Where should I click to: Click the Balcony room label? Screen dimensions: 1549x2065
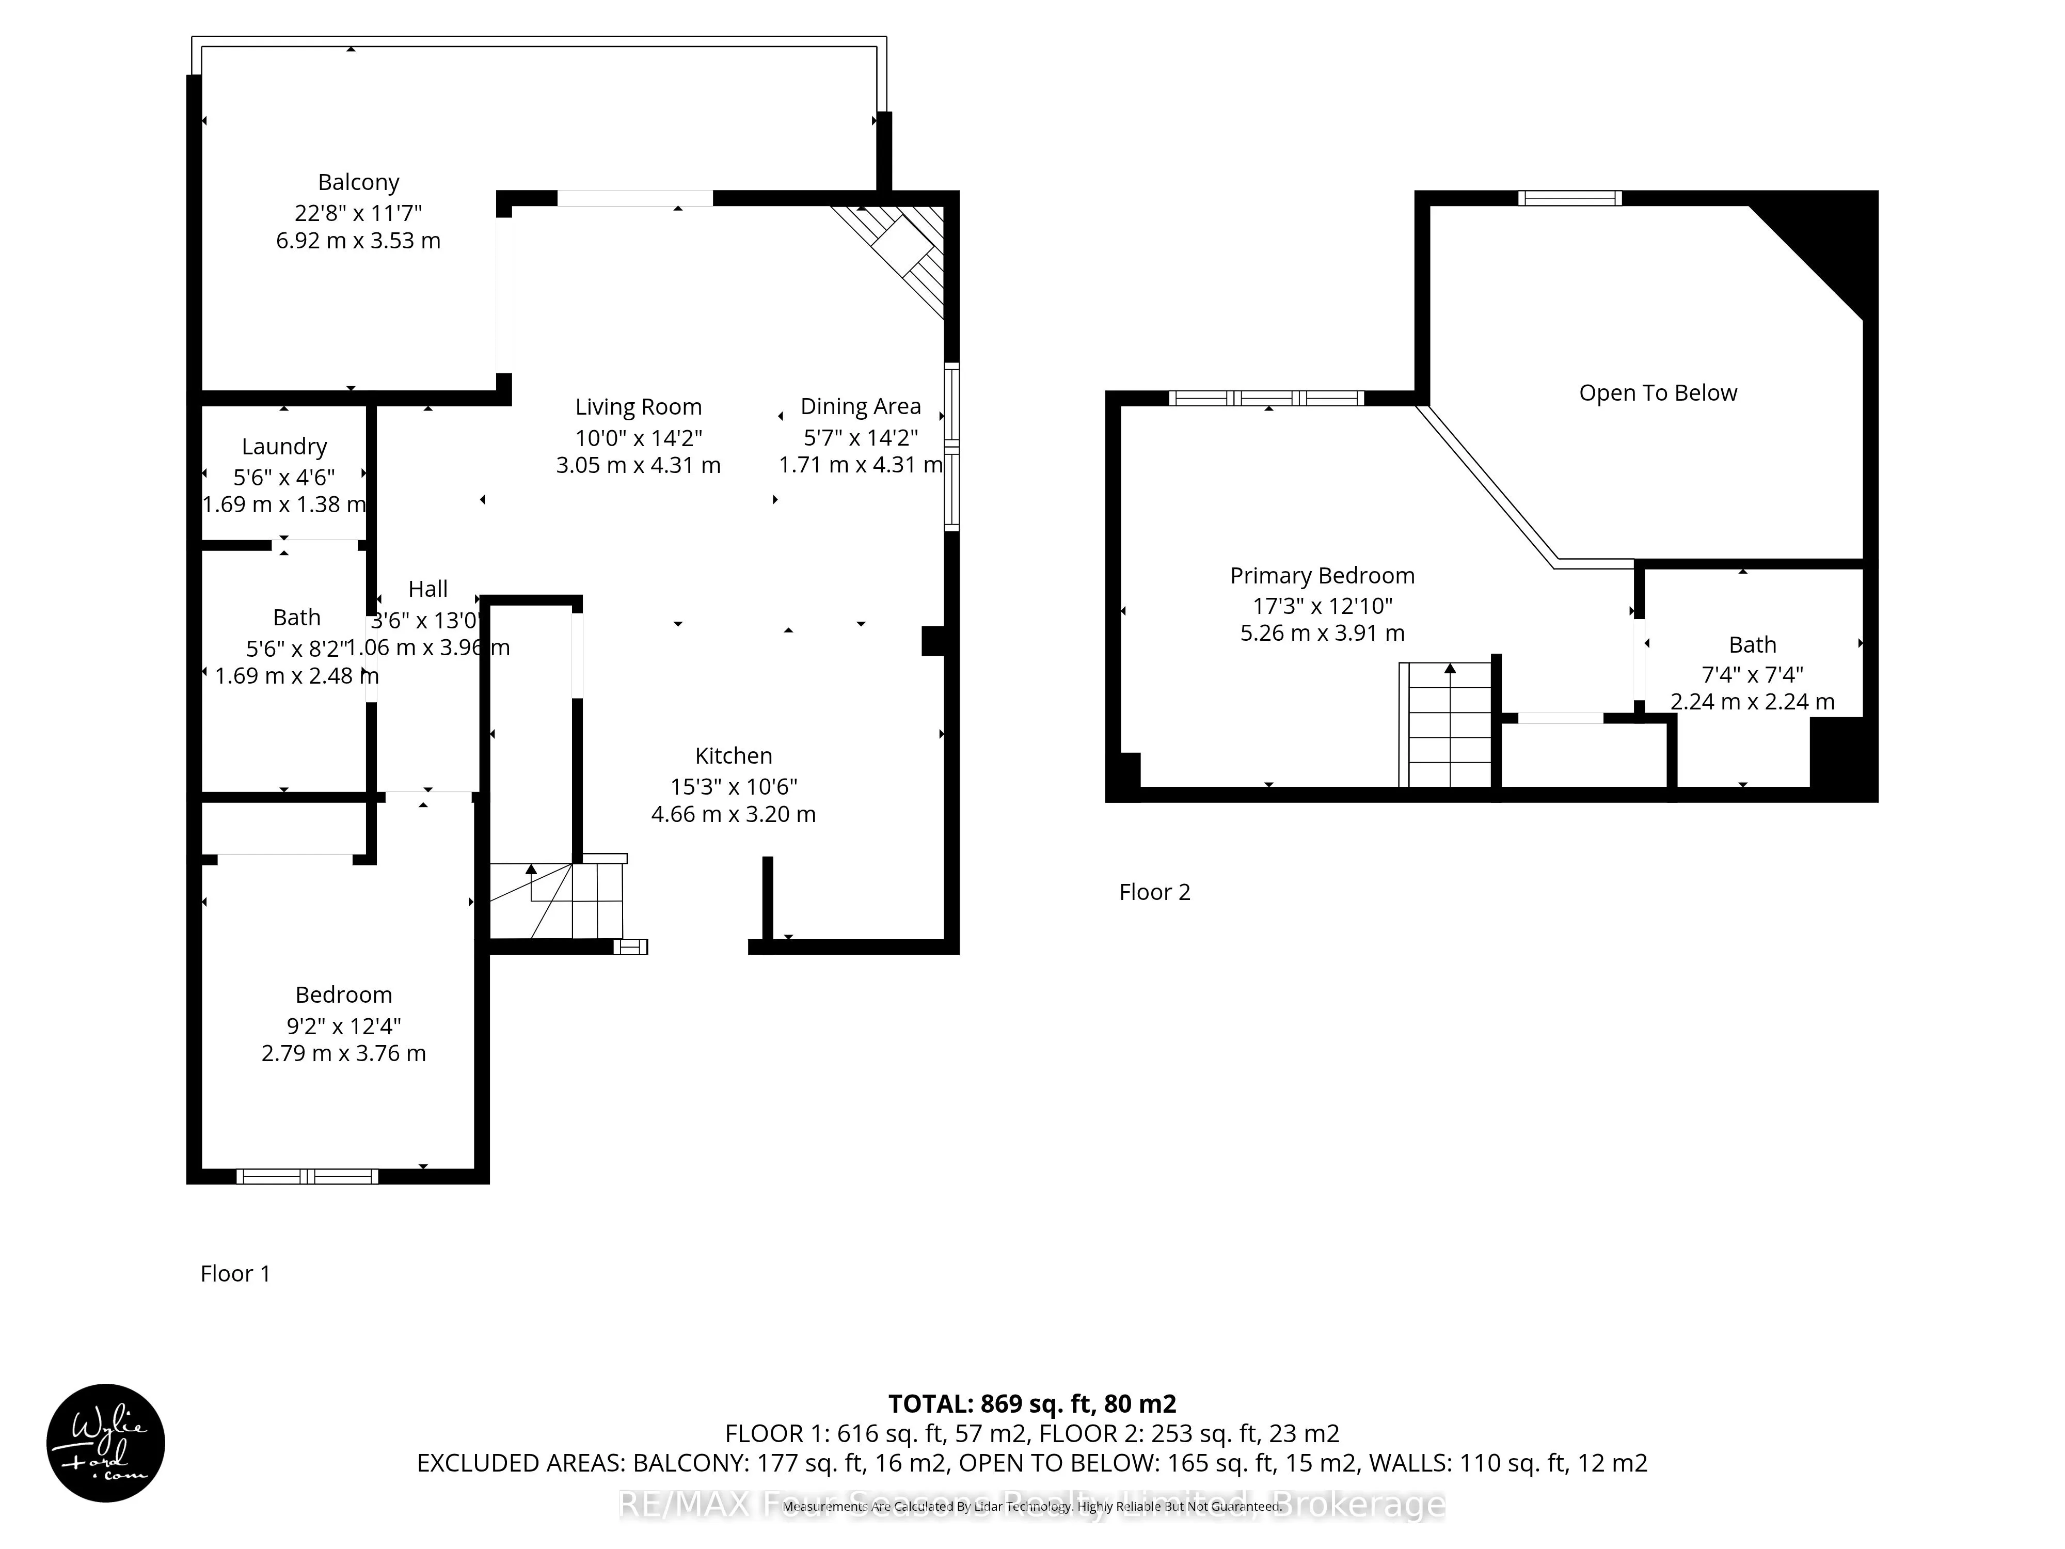[358, 182]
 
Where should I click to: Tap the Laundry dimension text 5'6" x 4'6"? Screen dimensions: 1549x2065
[284, 477]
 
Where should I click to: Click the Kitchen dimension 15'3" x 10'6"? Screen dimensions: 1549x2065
[733, 786]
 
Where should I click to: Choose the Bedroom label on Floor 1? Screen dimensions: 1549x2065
[343, 994]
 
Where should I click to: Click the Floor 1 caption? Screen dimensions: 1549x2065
[235, 1274]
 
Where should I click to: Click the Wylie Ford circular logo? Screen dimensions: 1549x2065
[105, 1443]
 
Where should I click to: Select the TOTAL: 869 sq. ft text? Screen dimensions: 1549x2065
[1031, 1403]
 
